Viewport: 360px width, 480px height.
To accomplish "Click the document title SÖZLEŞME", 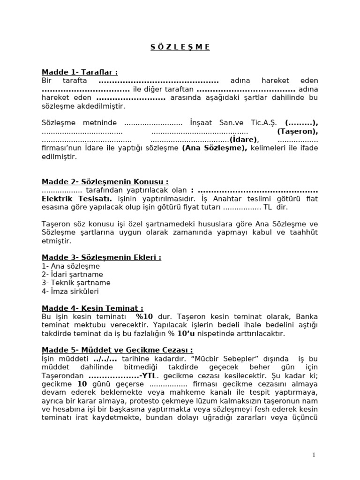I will [x=180, y=47].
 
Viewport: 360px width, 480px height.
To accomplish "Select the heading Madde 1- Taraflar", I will [x=79, y=72].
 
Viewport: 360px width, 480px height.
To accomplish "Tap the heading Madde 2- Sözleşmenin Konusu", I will [x=105, y=182].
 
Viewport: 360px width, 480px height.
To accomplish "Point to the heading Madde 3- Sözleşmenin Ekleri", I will [x=101, y=257].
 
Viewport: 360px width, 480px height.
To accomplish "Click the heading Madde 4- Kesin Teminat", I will [x=92, y=308].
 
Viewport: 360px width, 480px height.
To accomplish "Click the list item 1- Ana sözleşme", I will [x=70, y=266].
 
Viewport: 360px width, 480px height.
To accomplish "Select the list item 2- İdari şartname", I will [x=72, y=274].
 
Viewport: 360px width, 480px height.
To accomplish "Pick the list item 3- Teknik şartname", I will [x=76, y=283].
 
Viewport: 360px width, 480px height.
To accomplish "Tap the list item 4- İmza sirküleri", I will [x=70, y=291].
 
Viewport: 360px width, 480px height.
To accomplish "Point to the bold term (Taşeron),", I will [x=298, y=131].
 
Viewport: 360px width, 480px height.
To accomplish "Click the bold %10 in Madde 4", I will [x=145, y=317].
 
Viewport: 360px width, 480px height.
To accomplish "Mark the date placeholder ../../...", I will [x=102, y=359].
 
